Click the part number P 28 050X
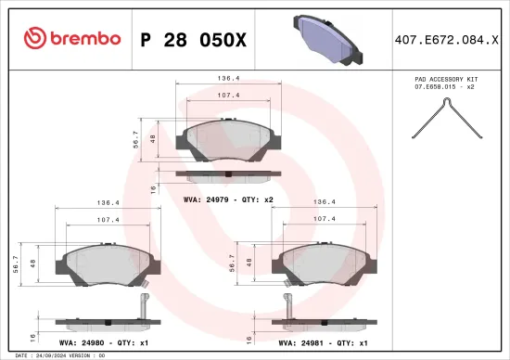click(x=193, y=39)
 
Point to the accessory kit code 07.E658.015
click(x=444, y=87)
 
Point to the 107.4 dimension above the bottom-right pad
click(x=324, y=220)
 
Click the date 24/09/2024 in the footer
click(x=46, y=355)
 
